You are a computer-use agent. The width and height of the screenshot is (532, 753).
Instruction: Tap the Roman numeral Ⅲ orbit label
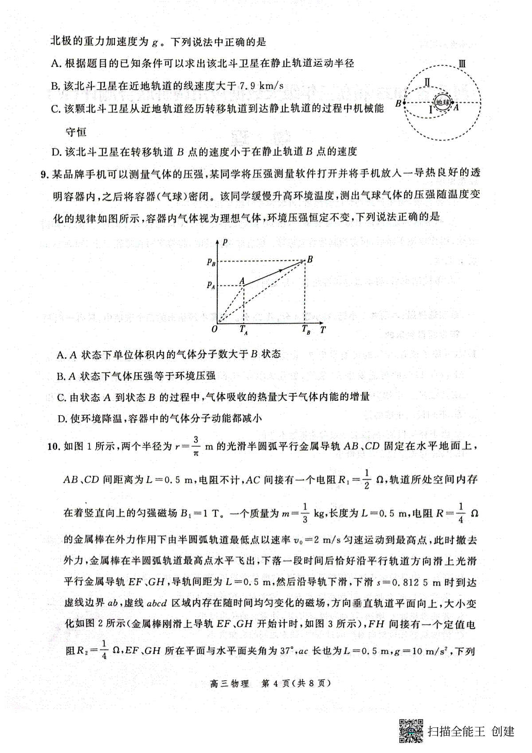461,64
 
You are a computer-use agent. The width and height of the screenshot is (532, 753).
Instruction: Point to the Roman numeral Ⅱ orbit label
427,83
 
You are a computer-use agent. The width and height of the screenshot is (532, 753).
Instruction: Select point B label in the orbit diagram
398,104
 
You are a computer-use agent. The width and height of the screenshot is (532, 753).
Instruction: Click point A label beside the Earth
456,107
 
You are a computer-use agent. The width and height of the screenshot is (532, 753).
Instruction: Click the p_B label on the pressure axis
211,262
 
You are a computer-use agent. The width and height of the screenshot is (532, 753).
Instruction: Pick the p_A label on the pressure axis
211,285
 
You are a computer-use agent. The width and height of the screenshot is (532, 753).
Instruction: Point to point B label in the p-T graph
310,259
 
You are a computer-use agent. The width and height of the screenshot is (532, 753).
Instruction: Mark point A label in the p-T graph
242,280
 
